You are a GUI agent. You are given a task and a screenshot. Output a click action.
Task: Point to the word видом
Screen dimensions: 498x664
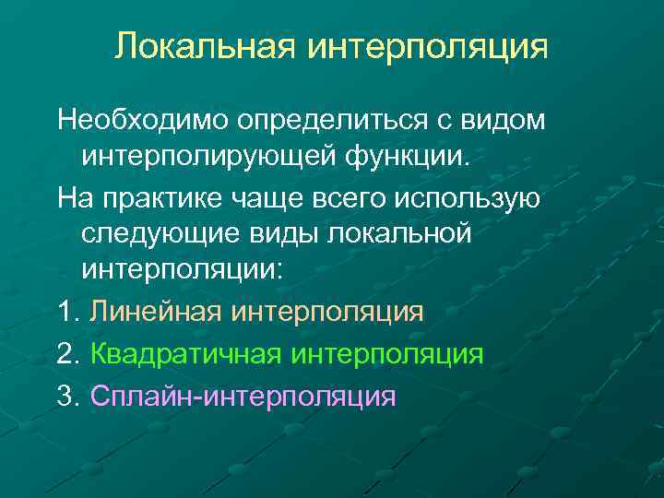coord(502,120)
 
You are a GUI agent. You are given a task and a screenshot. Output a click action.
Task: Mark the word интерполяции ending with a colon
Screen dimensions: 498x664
coord(184,272)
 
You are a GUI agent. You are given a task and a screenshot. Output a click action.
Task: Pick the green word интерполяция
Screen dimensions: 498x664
coord(387,354)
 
